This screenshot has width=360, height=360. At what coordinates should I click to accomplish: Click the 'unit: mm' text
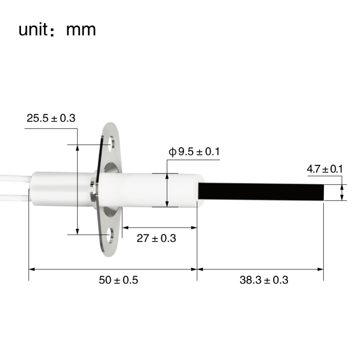point(57,29)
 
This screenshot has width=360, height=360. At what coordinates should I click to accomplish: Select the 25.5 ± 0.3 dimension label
point(51,118)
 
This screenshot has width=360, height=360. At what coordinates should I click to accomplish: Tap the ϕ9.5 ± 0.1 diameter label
point(194,152)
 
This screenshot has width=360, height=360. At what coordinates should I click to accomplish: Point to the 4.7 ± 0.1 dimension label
point(324,169)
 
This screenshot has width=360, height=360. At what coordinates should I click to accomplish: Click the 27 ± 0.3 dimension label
point(156,239)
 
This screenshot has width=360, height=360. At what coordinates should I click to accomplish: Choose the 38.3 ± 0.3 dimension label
point(264,280)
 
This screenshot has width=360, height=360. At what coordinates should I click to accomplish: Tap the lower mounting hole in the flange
point(111,235)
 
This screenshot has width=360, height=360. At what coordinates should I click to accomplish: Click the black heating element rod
point(261,192)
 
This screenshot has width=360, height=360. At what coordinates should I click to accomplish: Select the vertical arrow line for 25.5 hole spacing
point(77,189)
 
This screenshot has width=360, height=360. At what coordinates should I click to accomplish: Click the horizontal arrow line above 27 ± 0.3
point(159,228)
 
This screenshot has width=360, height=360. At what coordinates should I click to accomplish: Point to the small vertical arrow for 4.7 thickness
point(342,192)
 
